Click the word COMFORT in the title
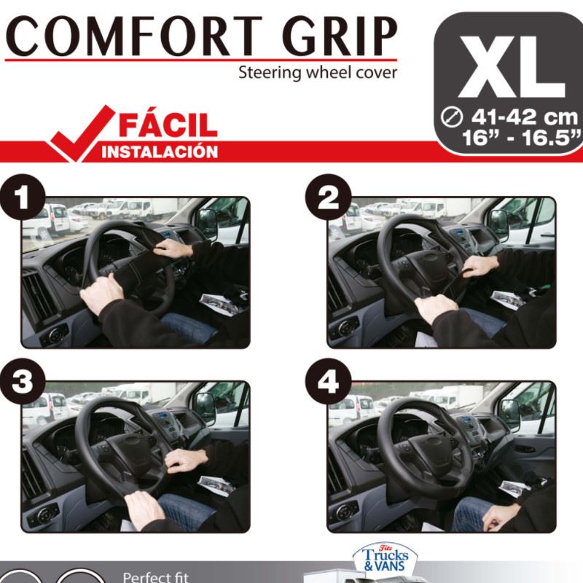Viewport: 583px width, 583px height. click(134, 36)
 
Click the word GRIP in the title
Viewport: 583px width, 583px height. click(340, 36)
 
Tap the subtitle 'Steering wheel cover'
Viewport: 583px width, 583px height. click(318, 72)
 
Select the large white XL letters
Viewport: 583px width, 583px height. click(512, 67)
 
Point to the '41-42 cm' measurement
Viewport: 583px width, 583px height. click(524, 117)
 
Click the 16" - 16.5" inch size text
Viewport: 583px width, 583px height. click(521, 138)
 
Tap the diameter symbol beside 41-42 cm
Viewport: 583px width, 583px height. click(451, 117)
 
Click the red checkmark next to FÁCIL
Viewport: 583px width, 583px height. click(82, 133)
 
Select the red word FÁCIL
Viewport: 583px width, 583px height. click(168, 125)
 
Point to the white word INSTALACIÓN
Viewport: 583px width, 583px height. click(160, 152)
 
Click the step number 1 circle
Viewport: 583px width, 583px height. click(23, 197)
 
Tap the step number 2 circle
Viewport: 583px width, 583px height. click(329, 197)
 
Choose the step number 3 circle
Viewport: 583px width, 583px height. click(23, 381)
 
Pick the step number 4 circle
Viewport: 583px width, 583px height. click(329, 381)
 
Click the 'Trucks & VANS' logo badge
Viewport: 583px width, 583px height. click(386, 557)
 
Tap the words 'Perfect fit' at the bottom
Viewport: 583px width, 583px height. click(156, 577)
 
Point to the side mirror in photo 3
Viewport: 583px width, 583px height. click(203, 408)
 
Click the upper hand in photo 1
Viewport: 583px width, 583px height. click(173, 248)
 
